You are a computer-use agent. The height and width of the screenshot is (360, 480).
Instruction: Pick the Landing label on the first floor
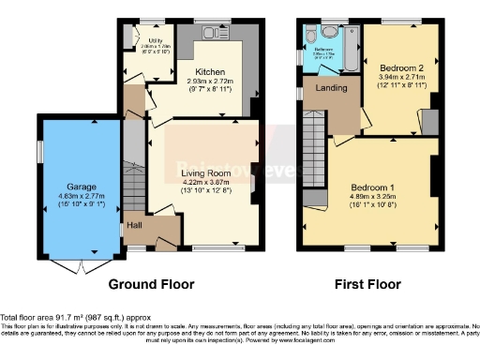pyautogui.click(x=331, y=89)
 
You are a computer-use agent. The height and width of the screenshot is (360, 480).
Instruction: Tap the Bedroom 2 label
pyautogui.click(x=401, y=67)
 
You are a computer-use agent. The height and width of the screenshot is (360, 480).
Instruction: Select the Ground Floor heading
pyautogui.click(x=151, y=284)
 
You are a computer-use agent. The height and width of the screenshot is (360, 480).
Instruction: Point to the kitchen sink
pyautogui.click(x=222, y=35)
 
